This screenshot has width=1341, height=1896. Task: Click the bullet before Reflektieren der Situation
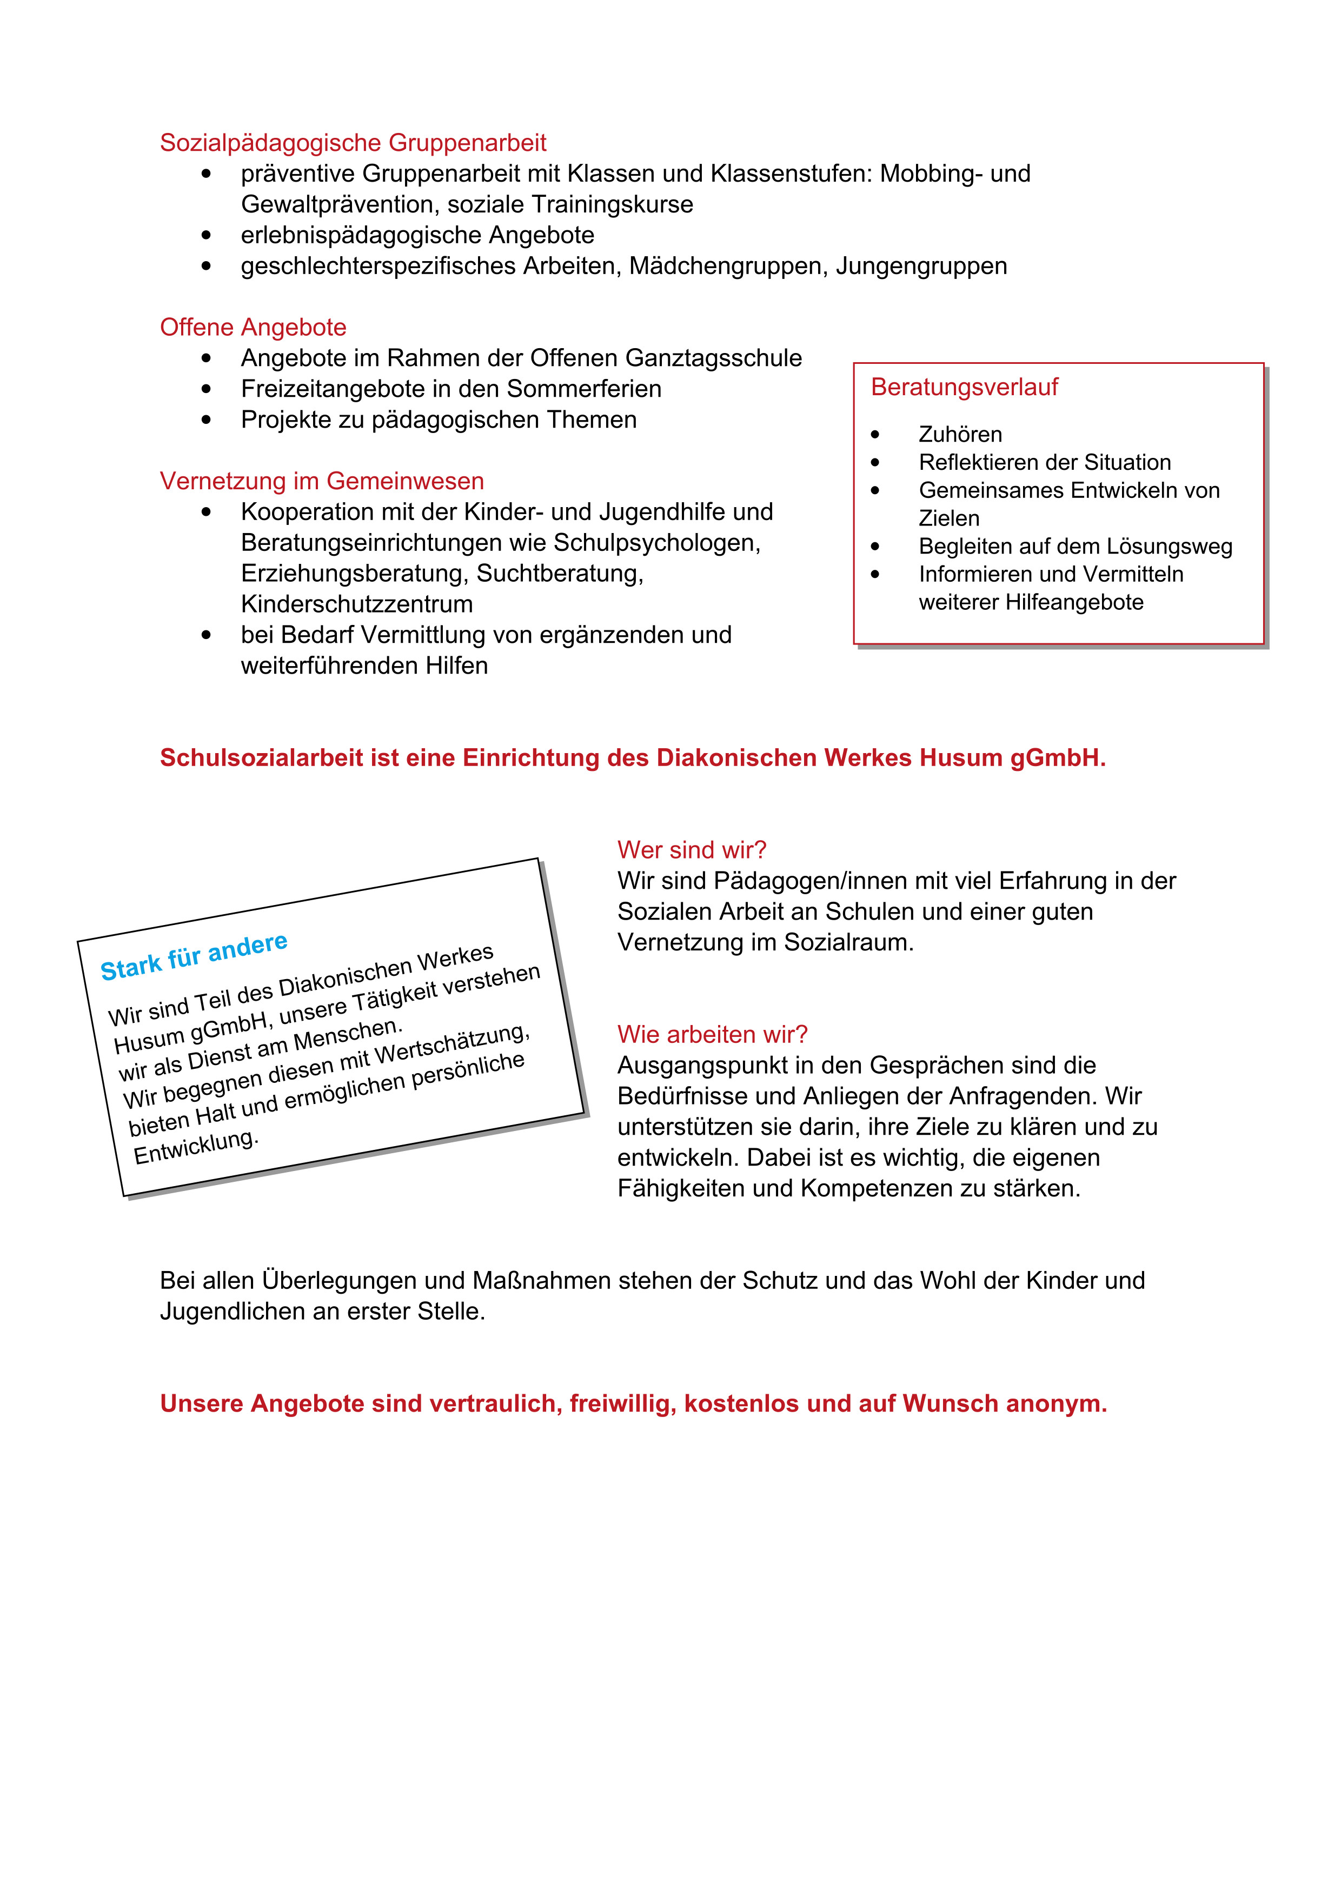875,462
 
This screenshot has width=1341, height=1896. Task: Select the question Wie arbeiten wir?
712,1035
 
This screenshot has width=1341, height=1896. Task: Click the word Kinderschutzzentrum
357,604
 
